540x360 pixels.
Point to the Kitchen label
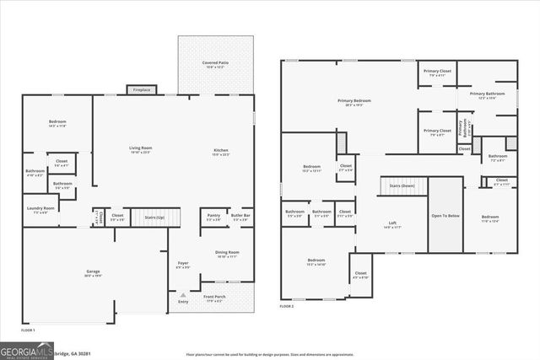221,152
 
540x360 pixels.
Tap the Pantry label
214,217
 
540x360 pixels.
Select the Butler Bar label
241,217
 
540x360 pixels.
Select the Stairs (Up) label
155,217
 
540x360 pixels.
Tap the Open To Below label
446,216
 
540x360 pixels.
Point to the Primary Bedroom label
358,103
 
